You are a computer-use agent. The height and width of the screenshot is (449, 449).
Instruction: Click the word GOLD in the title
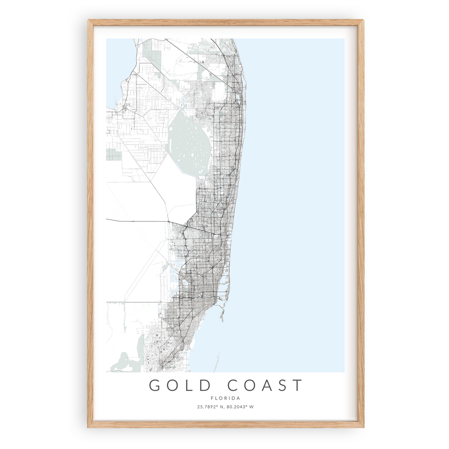tap(179, 385)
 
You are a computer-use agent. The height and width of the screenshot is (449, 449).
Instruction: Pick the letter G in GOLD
tap(155, 385)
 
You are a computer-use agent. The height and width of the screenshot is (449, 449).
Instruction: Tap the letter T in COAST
tap(297, 385)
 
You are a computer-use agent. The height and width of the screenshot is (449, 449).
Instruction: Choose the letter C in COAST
tap(233, 385)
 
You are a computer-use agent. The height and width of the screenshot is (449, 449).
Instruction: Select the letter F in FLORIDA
tap(212, 398)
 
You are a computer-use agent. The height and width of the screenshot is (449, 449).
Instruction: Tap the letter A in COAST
tap(266, 385)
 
